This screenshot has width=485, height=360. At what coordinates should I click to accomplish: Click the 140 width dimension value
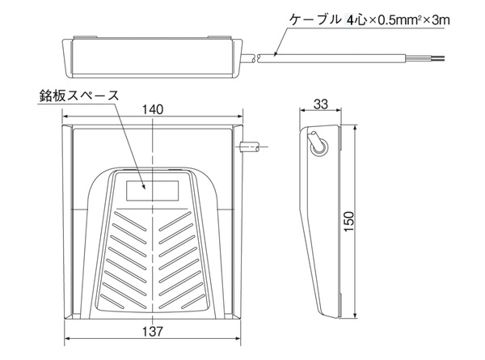153,109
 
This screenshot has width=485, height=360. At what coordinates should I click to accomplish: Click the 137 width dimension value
153,332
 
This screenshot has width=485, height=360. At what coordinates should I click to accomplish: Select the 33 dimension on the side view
320,104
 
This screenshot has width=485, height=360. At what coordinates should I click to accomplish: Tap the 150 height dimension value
348,222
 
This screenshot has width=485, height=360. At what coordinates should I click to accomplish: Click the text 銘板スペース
79,95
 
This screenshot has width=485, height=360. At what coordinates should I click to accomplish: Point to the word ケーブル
314,20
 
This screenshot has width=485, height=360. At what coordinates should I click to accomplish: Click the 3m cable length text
441,20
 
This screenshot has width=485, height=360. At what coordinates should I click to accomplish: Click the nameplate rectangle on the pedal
152,191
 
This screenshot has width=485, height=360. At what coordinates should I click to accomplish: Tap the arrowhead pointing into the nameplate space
144,186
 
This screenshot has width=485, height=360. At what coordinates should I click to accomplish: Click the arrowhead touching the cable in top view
276,54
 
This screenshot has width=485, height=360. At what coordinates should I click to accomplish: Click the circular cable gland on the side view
318,148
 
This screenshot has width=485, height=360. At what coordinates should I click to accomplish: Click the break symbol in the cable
256,58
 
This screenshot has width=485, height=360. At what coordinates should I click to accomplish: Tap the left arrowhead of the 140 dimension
65,116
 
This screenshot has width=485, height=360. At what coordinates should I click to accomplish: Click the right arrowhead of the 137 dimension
238,338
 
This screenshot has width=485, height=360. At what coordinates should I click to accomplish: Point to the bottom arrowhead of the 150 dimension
356,316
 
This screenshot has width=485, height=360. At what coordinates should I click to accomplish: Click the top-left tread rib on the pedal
130,221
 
